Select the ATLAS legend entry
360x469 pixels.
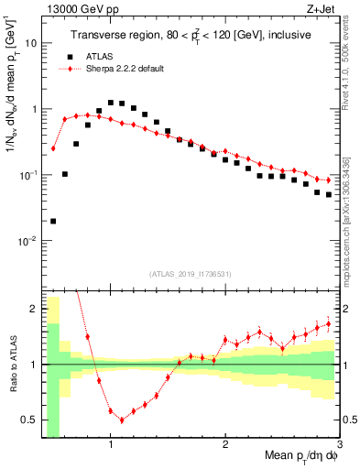tap(100, 56)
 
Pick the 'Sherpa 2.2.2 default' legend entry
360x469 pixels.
tap(125, 69)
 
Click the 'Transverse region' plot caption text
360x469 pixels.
tap(190, 35)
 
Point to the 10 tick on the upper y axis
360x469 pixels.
tap(32, 43)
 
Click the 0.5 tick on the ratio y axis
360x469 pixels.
tap(30, 420)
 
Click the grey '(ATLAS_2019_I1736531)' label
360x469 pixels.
tap(190, 273)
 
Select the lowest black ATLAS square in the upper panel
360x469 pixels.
tap(53, 221)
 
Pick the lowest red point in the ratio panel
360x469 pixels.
tap(122, 420)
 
